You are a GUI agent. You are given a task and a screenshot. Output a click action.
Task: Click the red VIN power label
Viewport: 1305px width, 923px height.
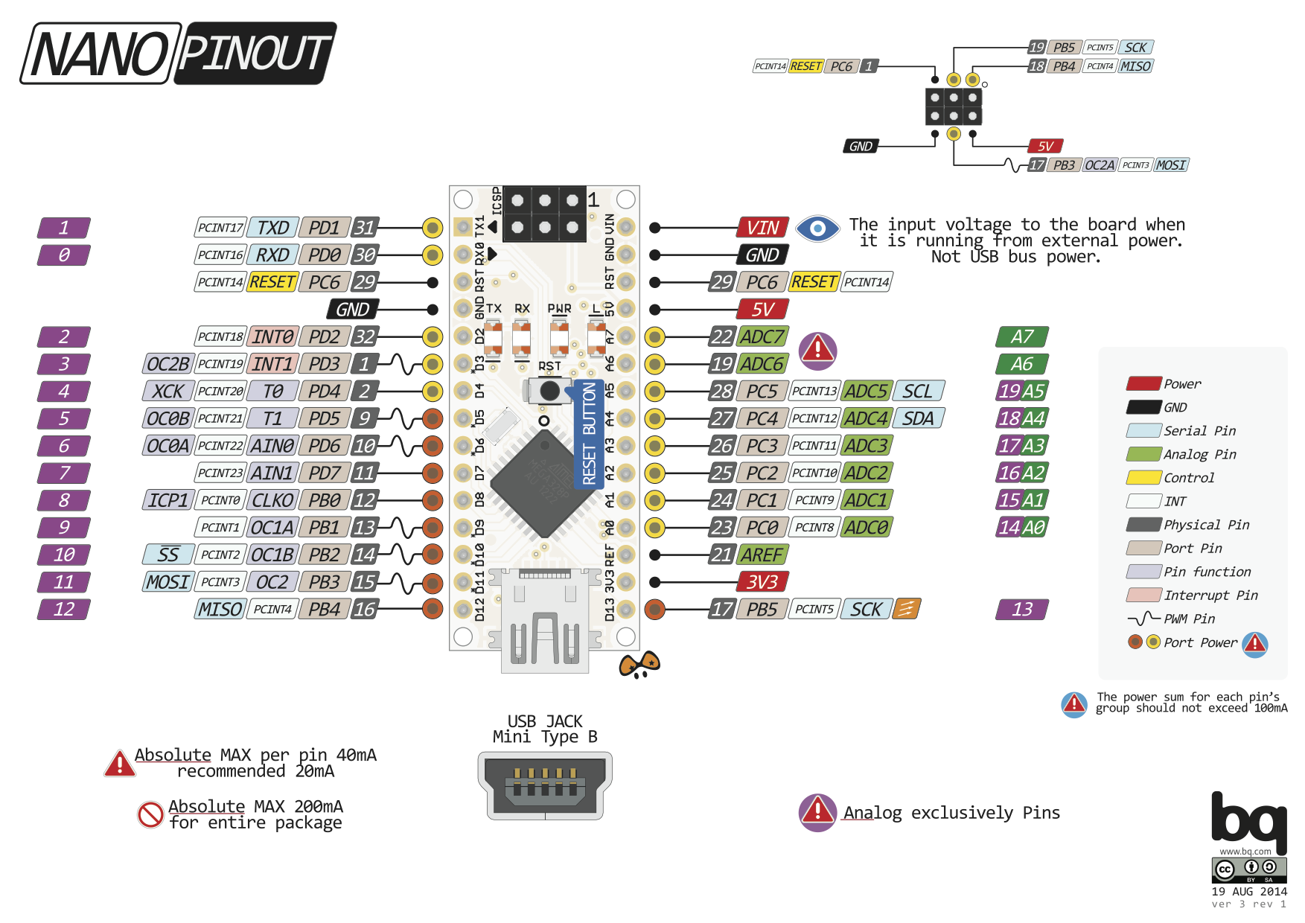(762, 228)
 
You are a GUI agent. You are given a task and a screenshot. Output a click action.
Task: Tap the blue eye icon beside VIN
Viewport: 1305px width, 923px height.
(817, 228)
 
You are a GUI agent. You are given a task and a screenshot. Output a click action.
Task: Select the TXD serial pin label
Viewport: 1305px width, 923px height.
(272, 228)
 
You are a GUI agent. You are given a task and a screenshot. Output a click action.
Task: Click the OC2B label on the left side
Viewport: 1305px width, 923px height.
(167, 364)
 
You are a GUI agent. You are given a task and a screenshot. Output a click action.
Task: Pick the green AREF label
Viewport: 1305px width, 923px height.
(762, 555)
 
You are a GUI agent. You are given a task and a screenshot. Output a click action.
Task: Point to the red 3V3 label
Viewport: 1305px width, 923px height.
(762, 582)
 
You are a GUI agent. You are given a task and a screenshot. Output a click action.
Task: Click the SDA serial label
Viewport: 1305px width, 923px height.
(918, 418)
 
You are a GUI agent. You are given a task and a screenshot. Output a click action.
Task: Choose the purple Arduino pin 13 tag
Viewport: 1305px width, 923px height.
(1022, 610)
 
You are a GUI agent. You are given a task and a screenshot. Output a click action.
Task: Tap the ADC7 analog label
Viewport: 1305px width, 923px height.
(762, 336)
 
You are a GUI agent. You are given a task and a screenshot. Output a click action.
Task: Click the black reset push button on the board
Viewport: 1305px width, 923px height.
(549, 390)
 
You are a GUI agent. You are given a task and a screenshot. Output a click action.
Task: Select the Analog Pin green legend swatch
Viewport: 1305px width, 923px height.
(1143, 454)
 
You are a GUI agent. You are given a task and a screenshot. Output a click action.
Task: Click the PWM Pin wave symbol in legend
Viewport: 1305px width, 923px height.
(1143, 619)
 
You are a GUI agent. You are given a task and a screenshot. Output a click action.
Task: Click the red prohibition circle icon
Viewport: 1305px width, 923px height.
(150, 814)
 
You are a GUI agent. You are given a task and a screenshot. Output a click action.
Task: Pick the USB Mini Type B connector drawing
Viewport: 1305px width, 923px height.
(544, 785)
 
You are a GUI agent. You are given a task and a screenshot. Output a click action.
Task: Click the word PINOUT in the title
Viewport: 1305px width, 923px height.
(255, 53)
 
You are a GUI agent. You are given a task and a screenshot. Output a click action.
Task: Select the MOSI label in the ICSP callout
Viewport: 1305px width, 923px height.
(1170, 165)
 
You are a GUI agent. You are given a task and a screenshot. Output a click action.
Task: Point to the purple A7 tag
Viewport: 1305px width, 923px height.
(1022, 336)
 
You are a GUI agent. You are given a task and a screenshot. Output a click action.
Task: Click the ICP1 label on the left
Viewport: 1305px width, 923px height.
(167, 500)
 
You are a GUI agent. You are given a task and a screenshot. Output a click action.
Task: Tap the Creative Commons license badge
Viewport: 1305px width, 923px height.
(1248, 869)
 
